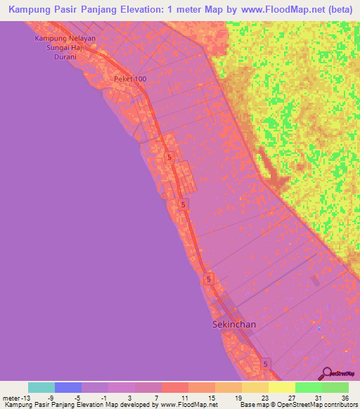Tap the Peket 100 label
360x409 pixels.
pyautogui.click(x=130, y=79)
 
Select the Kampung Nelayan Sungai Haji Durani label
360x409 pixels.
pyautogui.click(x=66, y=48)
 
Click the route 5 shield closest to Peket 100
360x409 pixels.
pyautogui.click(x=169, y=157)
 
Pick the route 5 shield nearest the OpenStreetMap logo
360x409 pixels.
pyautogui.click(x=266, y=363)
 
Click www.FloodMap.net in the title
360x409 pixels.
pyautogui.click(x=278, y=10)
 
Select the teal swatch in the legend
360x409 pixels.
pyautogui.click(x=41, y=387)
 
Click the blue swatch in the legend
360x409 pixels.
pyautogui.click(x=68, y=387)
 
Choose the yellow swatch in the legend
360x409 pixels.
pyautogui.click(x=282, y=387)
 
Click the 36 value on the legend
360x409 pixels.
pyautogui.click(x=345, y=397)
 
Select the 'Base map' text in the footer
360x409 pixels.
pyautogui.click(x=255, y=405)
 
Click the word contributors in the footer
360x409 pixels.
pyautogui.click(x=339, y=405)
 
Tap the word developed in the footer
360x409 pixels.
pyautogui.click(x=138, y=405)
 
